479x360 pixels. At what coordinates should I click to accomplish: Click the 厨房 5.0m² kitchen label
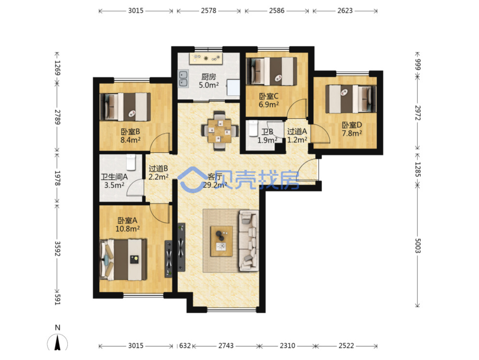click(x=209, y=81)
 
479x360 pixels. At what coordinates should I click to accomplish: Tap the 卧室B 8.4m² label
click(x=130, y=136)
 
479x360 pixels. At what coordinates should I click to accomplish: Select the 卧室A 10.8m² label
click(x=128, y=225)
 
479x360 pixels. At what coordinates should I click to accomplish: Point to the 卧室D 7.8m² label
click(x=352, y=129)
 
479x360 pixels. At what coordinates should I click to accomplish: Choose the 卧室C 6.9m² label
click(x=269, y=100)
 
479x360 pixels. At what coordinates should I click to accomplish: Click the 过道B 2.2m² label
click(x=158, y=173)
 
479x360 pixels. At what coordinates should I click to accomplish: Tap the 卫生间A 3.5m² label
click(x=114, y=181)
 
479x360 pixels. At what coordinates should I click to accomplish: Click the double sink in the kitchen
click(x=183, y=79)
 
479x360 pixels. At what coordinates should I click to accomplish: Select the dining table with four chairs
click(x=219, y=131)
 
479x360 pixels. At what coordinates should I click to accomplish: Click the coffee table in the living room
click(x=221, y=241)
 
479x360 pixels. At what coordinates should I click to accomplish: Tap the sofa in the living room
click(x=249, y=241)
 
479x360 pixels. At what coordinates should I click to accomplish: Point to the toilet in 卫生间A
click(x=131, y=162)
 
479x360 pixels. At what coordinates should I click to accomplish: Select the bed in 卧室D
click(x=351, y=99)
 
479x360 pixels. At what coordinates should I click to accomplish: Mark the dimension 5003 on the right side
click(x=417, y=245)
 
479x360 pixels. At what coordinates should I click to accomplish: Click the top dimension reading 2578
click(x=209, y=11)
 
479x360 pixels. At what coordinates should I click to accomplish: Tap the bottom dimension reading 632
click(x=185, y=346)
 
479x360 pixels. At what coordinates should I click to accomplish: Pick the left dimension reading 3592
click(x=57, y=249)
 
